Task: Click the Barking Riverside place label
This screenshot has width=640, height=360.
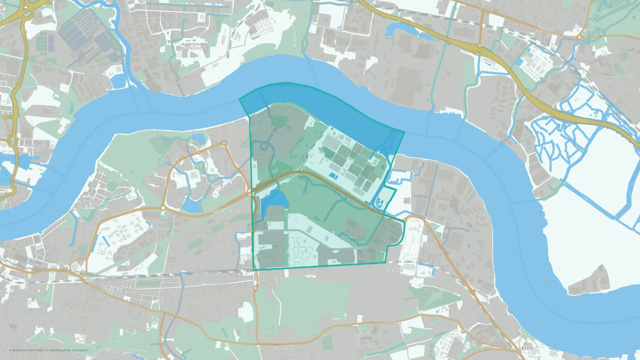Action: click(191, 46)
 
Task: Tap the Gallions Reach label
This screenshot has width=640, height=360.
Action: click(34, 148)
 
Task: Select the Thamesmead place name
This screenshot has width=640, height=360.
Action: click(223, 211)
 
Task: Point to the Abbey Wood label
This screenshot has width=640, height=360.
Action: click(206, 273)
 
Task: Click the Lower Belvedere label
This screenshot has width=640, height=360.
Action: click(392, 268)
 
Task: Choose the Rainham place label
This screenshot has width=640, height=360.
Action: click(624, 76)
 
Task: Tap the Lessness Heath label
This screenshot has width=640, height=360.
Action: click(371, 335)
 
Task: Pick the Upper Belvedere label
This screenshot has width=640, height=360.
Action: click(363, 343)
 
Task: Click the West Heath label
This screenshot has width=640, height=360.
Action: click(282, 348)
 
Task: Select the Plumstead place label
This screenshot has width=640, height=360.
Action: click(117, 351)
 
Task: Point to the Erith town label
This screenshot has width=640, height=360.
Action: click(527, 348)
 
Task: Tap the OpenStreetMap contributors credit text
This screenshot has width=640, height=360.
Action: click(69, 350)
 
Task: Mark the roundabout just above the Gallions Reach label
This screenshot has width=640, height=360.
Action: click(13, 140)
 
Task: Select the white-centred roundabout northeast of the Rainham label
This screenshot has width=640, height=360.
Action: click(580, 37)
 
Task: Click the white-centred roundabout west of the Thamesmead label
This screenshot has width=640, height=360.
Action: click(164, 208)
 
